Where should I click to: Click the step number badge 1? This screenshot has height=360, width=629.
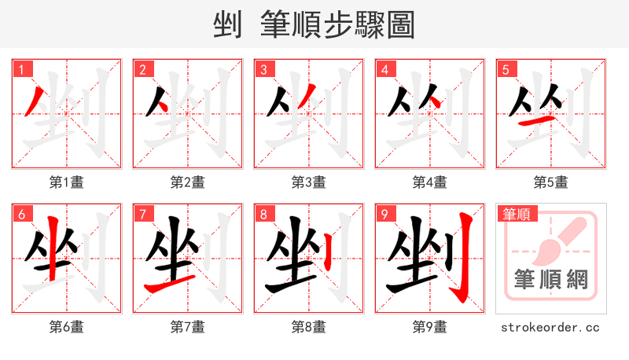point(21,69)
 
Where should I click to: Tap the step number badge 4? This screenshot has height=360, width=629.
point(384,69)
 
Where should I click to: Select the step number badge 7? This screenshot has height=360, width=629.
point(142,214)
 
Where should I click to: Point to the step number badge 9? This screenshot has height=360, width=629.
point(384,214)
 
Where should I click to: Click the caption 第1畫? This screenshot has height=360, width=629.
point(67,182)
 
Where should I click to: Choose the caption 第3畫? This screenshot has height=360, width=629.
point(309,182)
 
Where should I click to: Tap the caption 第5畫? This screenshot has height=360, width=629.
point(551,182)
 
